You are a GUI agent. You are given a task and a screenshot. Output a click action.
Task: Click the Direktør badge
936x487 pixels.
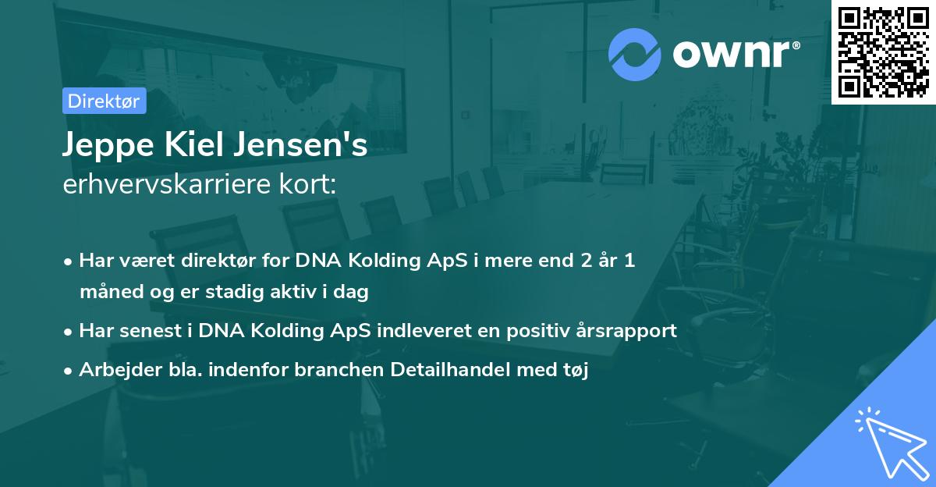[x=104, y=101]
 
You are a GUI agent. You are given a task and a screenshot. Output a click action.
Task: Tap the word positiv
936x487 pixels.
[x=533, y=330]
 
